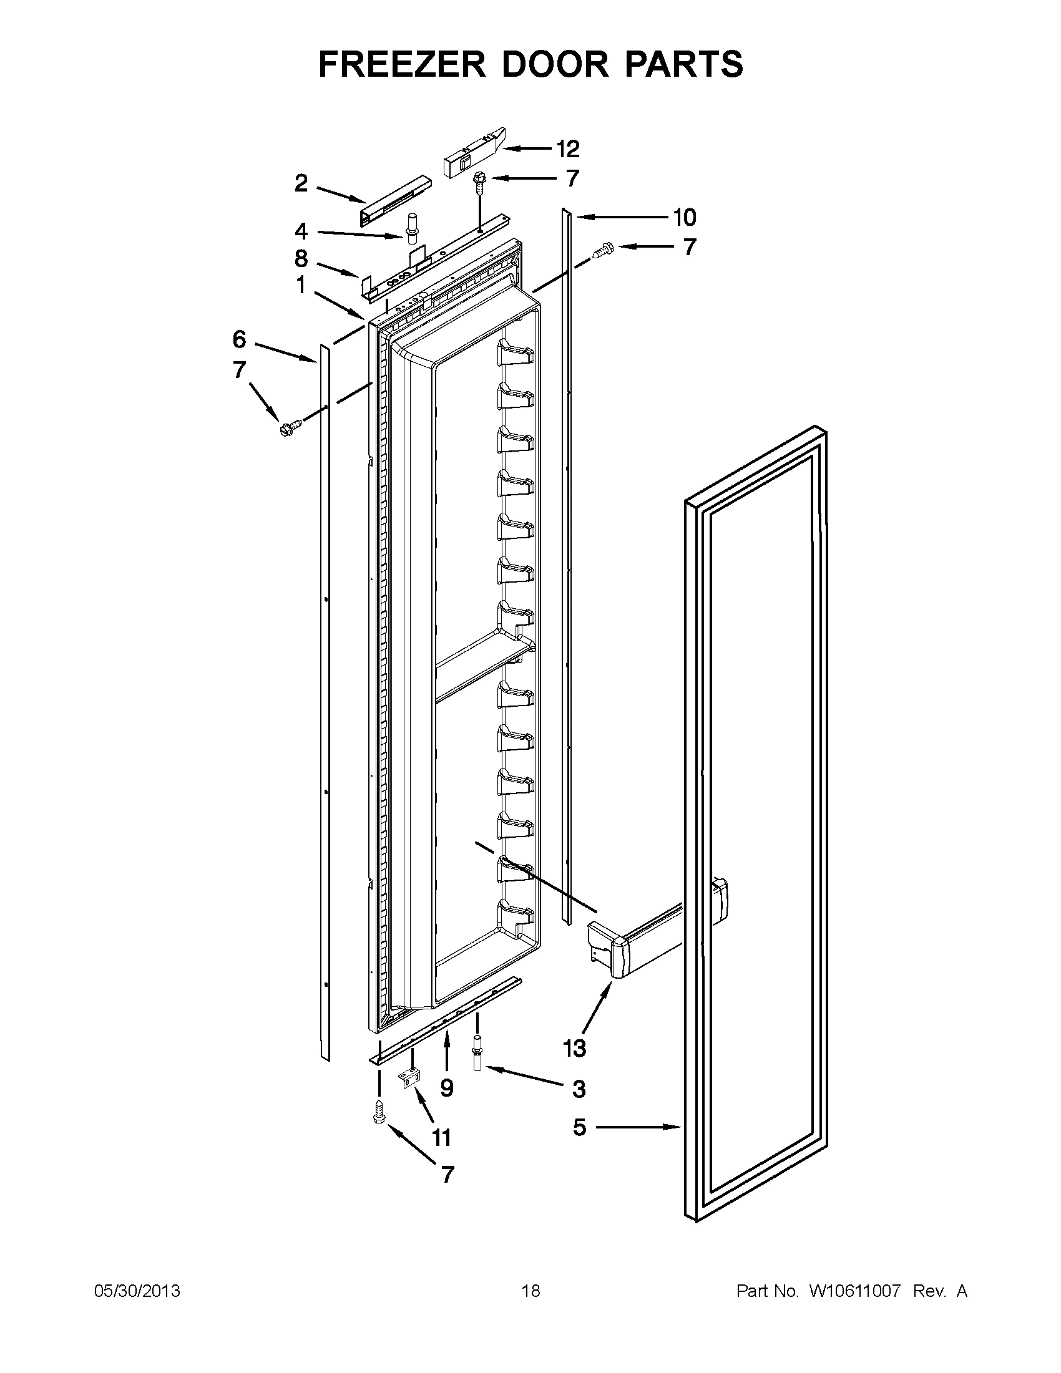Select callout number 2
click(x=301, y=183)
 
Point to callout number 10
click(x=684, y=218)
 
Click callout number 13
click(x=574, y=1048)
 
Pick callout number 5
click(x=579, y=1127)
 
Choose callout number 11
click(x=441, y=1137)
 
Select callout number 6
click(x=239, y=339)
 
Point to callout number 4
click(x=301, y=232)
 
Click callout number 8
click(x=301, y=258)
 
